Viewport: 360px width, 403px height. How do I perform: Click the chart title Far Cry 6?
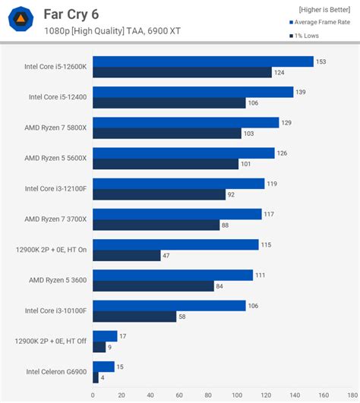click(x=71, y=14)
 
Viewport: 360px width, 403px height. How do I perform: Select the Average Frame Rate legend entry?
click(x=323, y=23)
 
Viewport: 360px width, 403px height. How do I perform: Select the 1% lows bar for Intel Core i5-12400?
click(x=169, y=103)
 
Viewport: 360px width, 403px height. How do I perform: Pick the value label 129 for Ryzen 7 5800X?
click(x=286, y=122)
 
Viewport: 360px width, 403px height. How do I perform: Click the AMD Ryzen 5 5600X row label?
click(x=55, y=158)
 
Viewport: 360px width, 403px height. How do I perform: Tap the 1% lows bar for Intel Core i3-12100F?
click(x=159, y=194)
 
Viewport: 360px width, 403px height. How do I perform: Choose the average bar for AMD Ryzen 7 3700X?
click(x=177, y=214)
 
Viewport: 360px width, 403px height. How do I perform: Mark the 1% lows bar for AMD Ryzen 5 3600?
click(x=153, y=286)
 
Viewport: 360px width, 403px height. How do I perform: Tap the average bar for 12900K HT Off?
click(x=105, y=336)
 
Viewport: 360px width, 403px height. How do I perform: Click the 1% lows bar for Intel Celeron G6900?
click(x=96, y=377)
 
